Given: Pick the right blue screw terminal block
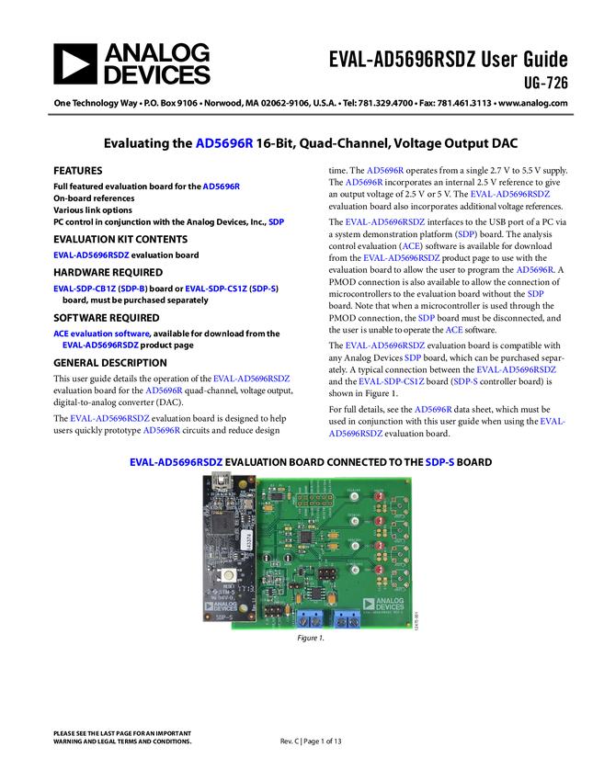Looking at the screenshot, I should coord(347,617).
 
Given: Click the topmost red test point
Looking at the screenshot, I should coord(377,497).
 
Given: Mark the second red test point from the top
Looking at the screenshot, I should coord(377,523).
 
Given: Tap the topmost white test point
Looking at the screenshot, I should coord(354,497).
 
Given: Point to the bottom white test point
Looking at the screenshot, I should coord(354,572).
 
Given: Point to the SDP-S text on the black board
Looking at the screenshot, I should coord(212,617).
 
